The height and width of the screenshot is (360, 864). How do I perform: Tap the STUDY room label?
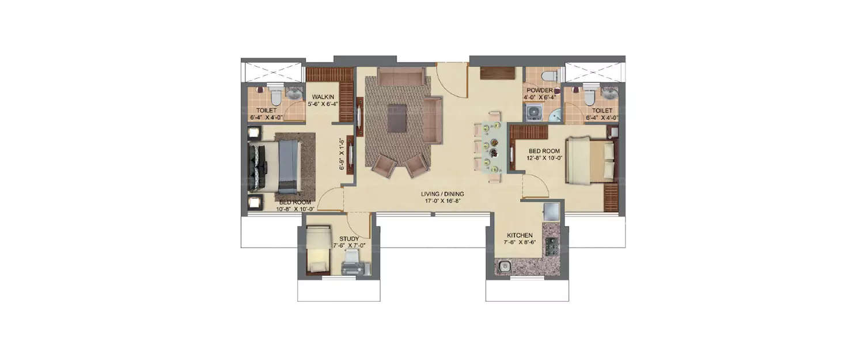tap(349, 238)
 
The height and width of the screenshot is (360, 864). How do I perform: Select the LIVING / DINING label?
tap(442, 194)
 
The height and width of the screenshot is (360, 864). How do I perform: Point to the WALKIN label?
tap(317, 97)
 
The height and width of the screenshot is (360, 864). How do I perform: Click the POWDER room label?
tap(539, 91)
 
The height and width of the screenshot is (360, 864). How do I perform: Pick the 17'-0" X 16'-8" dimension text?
tap(442, 202)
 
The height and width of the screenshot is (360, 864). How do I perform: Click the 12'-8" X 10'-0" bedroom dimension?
tap(545, 159)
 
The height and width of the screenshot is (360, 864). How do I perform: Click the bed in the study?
tap(317, 249)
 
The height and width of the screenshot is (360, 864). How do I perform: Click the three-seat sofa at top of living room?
tap(401, 77)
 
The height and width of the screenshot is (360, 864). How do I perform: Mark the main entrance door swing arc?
tap(452, 81)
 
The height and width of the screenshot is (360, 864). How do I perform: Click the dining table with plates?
tap(494, 147)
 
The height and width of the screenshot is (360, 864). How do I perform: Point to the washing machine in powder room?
tap(532, 112)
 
